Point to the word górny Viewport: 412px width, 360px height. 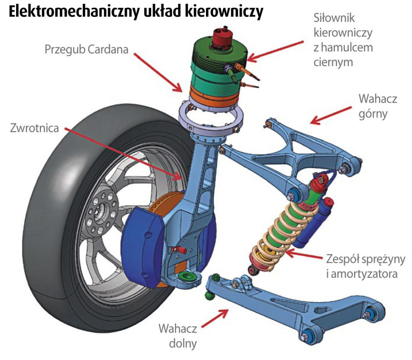coord(373,114)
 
